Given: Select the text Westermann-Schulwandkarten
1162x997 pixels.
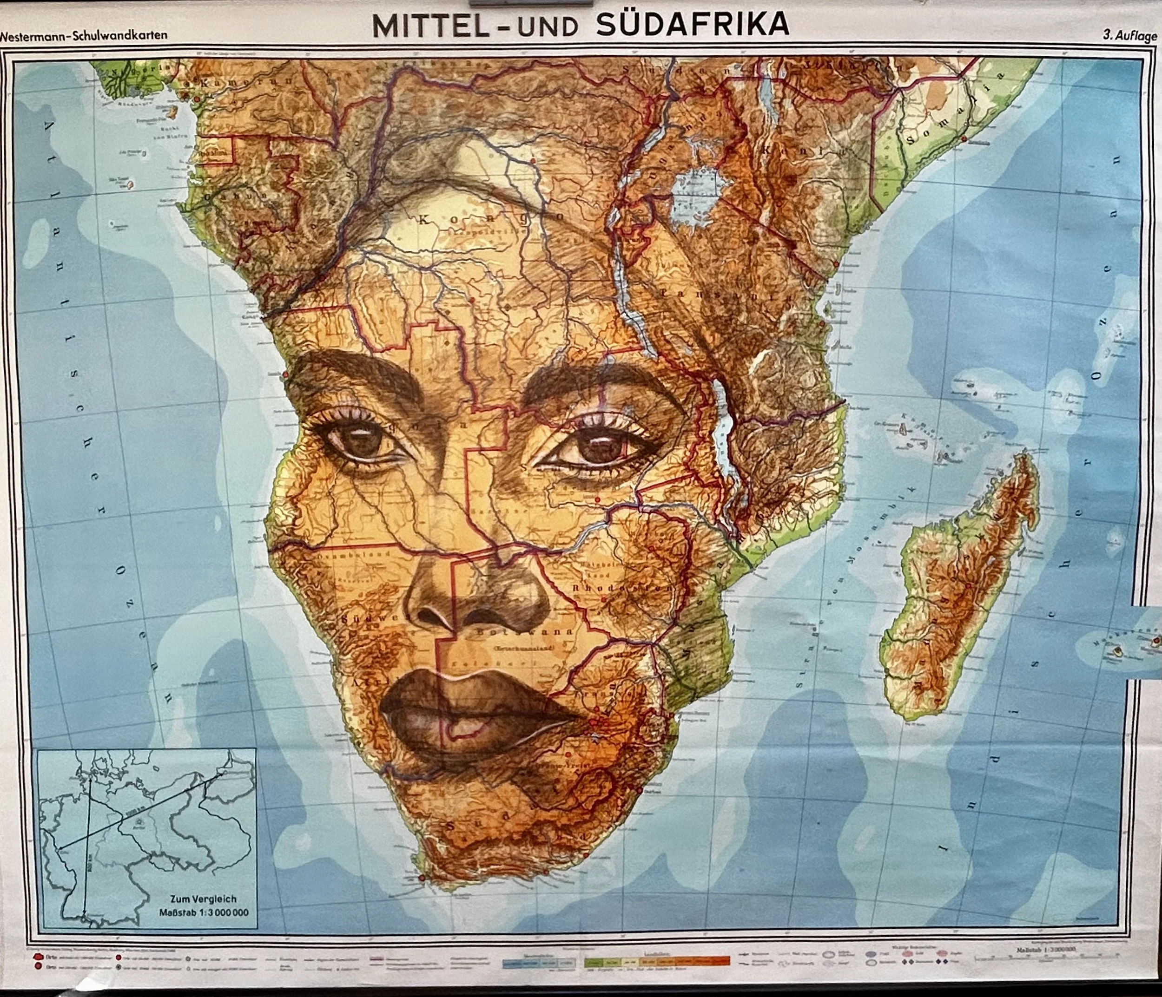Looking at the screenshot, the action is [x=84, y=35].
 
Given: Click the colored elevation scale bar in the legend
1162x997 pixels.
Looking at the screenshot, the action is [x=656, y=961].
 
